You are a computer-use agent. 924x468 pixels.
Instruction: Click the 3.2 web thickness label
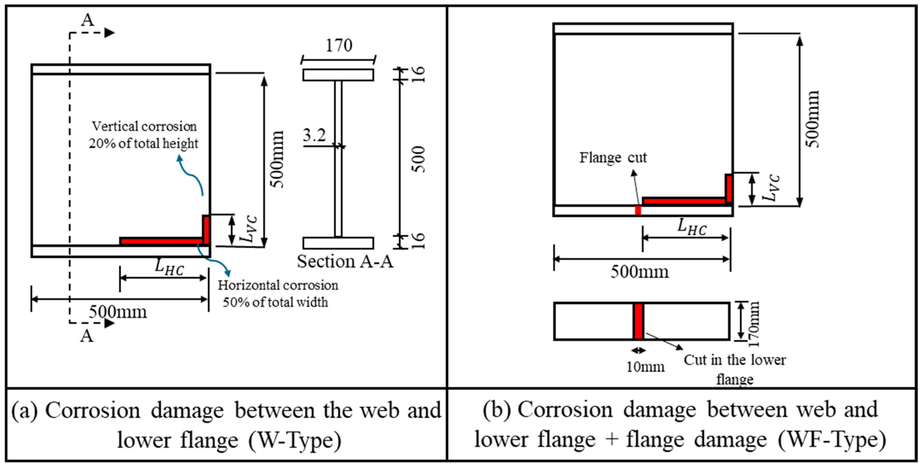pyautogui.click(x=314, y=135)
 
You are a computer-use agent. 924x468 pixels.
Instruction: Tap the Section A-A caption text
pyautogui.click(x=345, y=261)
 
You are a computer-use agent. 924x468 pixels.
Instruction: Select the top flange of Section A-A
pyautogui.click(x=338, y=75)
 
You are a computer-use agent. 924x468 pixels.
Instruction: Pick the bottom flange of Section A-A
pyautogui.click(x=338, y=243)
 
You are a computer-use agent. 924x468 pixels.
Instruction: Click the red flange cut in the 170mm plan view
pyautogui.click(x=638, y=321)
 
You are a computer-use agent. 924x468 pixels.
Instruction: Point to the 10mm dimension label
pyautogui.click(x=645, y=366)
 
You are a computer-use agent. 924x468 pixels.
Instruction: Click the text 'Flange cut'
pyautogui.click(x=613, y=157)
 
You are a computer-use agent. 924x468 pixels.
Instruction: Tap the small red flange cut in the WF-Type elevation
pyautogui.click(x=638, y=211)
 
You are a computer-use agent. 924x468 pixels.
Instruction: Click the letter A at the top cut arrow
pyautogui.click(x=87, y=20)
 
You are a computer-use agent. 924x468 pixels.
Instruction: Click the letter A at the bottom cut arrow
pyautogui.click(x=87, y=336)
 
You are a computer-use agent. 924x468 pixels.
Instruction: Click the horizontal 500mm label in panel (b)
pyautogui.click(x=640, y=272)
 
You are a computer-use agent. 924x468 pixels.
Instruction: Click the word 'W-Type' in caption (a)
pyautogui.click(x=295, y=440)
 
